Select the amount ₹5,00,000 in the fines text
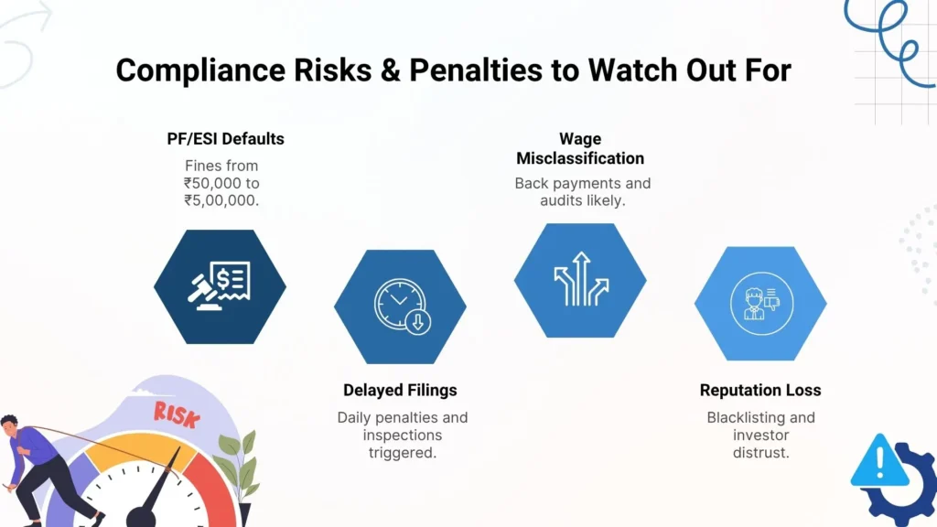point(221,199)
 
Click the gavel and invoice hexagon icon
point(220,286)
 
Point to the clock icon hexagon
point(400,306)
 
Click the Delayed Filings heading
point(400,390)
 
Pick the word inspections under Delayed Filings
point(403,435)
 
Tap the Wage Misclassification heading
point(580,148)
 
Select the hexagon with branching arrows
point(580,280)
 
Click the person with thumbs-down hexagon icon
point(760,302)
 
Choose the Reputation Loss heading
point(760,390)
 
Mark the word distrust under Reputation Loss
point(760,452)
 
